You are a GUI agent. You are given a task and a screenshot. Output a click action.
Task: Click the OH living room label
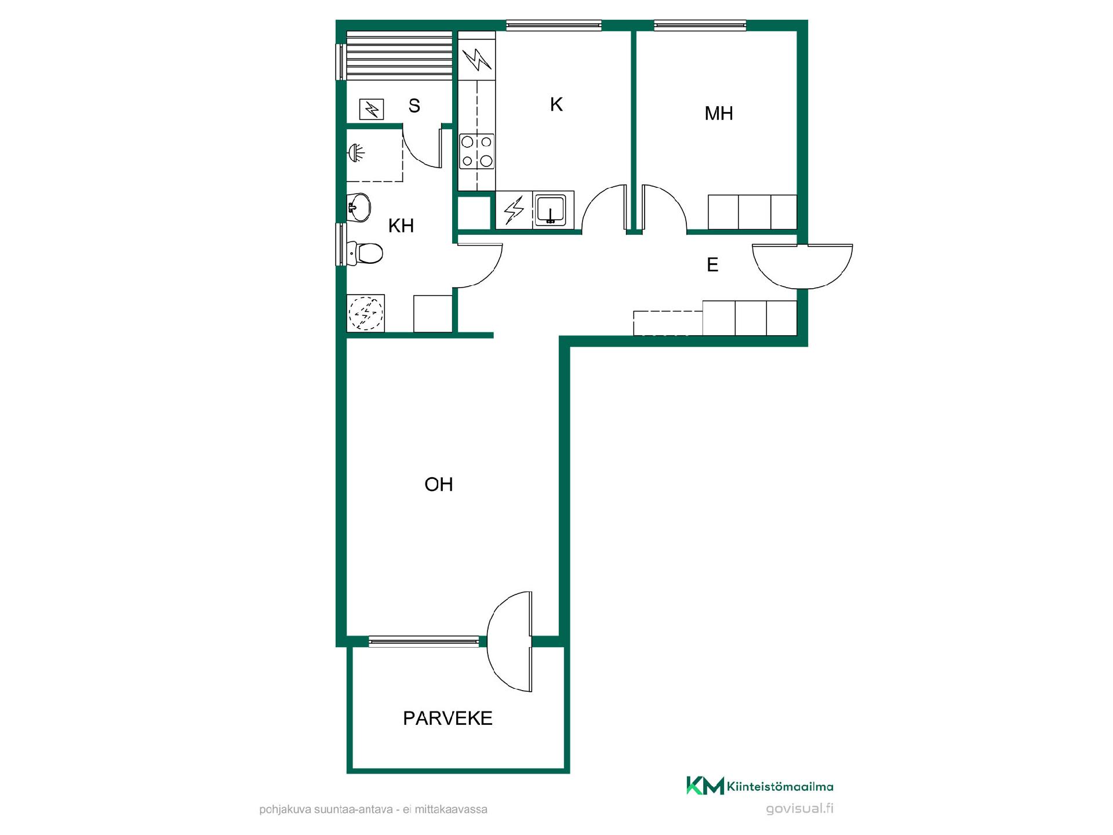(438, 484)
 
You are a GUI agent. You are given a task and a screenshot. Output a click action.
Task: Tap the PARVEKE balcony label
(448, 718)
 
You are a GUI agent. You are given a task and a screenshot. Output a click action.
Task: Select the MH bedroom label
(719, 113)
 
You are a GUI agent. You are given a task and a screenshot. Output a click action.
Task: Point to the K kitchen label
(556, 104)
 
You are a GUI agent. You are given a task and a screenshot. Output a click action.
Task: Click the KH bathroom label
(401, 226)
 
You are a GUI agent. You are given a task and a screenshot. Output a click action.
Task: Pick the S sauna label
(414, 106)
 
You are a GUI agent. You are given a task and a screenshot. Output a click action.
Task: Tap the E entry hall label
(712, 265)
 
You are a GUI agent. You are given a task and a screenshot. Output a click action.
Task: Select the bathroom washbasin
(359, 207)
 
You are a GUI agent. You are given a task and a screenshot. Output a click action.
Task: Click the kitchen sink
(550, 209)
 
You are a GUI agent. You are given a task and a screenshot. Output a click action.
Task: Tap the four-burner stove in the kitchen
(477, 151)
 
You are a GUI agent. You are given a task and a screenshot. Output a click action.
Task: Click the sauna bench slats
(399, 56)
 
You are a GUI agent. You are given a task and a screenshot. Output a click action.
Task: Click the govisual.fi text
(800, 808)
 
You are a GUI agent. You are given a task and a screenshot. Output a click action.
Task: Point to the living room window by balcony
(424, 641)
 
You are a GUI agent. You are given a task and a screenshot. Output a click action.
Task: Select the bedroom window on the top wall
(700, 26)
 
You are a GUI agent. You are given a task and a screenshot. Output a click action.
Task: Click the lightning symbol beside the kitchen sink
(514, 209)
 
